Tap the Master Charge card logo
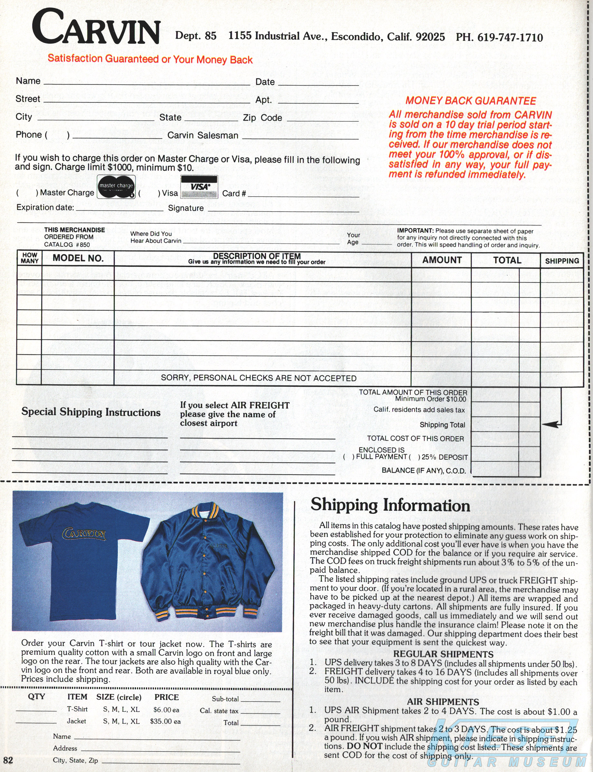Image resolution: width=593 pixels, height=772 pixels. coord(116,187)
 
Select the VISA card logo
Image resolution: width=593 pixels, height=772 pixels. coord(199,187)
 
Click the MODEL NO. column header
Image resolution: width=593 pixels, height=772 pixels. coord(78,258)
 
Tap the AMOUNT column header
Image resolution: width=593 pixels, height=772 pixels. coord(442,260)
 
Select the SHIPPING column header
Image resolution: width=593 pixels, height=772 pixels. coord(562,261)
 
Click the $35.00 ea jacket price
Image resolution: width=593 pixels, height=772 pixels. coord(165,721)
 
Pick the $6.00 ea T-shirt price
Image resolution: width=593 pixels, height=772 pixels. coord(166,710)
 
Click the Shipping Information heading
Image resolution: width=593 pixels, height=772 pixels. coord(390,505)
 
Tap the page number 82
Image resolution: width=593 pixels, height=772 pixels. coord(8,760)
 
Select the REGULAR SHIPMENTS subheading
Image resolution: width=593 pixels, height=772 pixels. coord(443,654)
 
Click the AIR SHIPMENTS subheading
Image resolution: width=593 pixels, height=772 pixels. coord(443,702)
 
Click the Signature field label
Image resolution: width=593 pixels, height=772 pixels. coord(186,208)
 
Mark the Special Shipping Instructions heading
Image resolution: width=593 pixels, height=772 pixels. coord(91,412)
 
